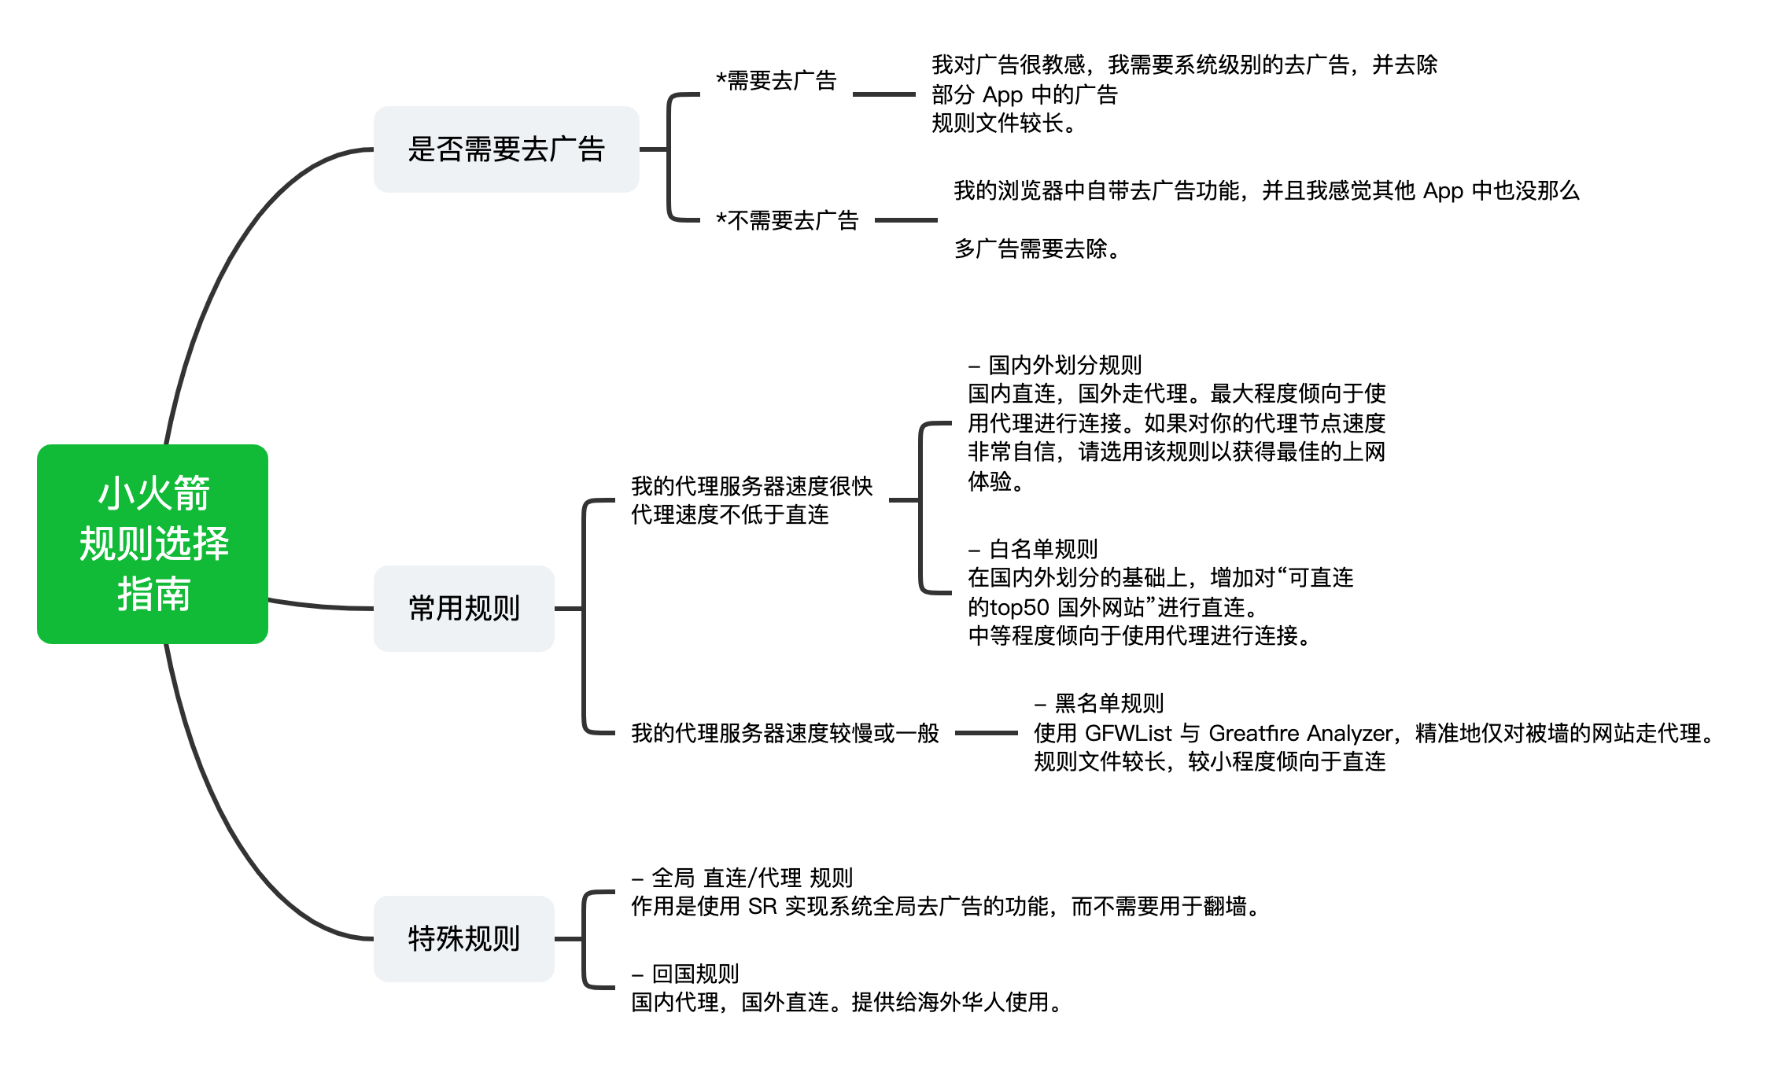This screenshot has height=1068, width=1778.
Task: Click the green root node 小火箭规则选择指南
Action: (153, 544)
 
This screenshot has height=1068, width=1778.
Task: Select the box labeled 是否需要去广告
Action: (506, 149)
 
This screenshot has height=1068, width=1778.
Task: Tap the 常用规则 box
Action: (463, 608)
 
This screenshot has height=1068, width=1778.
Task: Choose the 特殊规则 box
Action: (463, 938)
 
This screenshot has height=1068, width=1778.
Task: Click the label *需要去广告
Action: (776, 81)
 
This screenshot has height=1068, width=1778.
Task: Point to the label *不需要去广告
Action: (787, 221)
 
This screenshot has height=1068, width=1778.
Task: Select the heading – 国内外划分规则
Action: (1055, 365)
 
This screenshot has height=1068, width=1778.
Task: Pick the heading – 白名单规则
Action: (1033, 549)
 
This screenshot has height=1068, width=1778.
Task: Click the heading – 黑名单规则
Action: (1099, 703)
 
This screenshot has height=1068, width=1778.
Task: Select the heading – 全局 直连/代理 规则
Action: (742, 878)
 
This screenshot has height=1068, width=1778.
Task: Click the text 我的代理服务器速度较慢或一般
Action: (785, 733)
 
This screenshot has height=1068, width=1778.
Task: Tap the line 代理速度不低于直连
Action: (730, 515)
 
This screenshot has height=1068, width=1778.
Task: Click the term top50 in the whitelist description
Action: (1020, 607)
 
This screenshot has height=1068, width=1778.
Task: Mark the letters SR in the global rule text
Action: (762, 907)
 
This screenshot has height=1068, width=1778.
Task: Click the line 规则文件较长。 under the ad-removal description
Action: (1004, 123)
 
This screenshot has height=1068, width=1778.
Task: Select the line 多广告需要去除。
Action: (1037, 249)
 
